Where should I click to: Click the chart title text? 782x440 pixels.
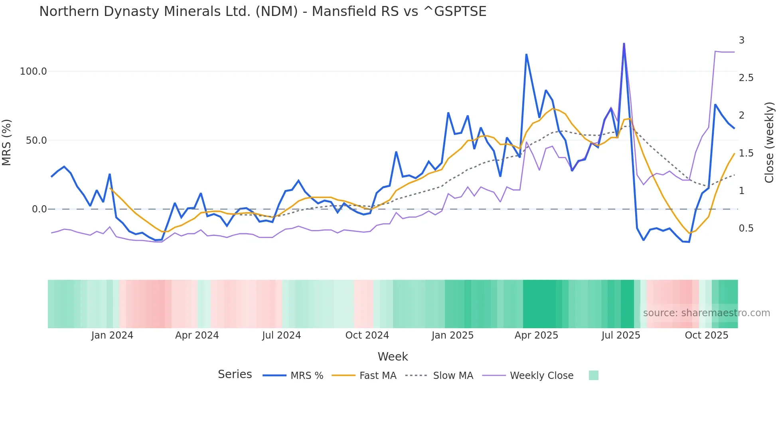point(263,12)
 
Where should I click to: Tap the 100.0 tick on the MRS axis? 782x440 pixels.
point(33,71)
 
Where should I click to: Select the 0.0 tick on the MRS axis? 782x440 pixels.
point(39,209)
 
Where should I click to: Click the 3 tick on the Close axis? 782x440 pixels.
point(742,40)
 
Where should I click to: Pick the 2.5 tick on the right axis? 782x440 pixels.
point(746,78)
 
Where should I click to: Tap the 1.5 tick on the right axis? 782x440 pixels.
point(746,153)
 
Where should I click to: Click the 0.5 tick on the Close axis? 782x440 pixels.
point(746,228)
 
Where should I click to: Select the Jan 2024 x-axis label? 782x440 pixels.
point(112,335)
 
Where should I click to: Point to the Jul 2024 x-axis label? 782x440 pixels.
point(281,335)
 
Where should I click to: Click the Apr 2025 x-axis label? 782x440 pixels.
point(536,335)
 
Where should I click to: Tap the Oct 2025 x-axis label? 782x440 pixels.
point(706,335)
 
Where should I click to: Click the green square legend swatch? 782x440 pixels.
point(593,375)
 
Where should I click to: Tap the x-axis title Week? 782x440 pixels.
point(393,357)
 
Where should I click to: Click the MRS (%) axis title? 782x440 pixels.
point(7,142)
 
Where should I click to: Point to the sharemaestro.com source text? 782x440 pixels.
point(706,313)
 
